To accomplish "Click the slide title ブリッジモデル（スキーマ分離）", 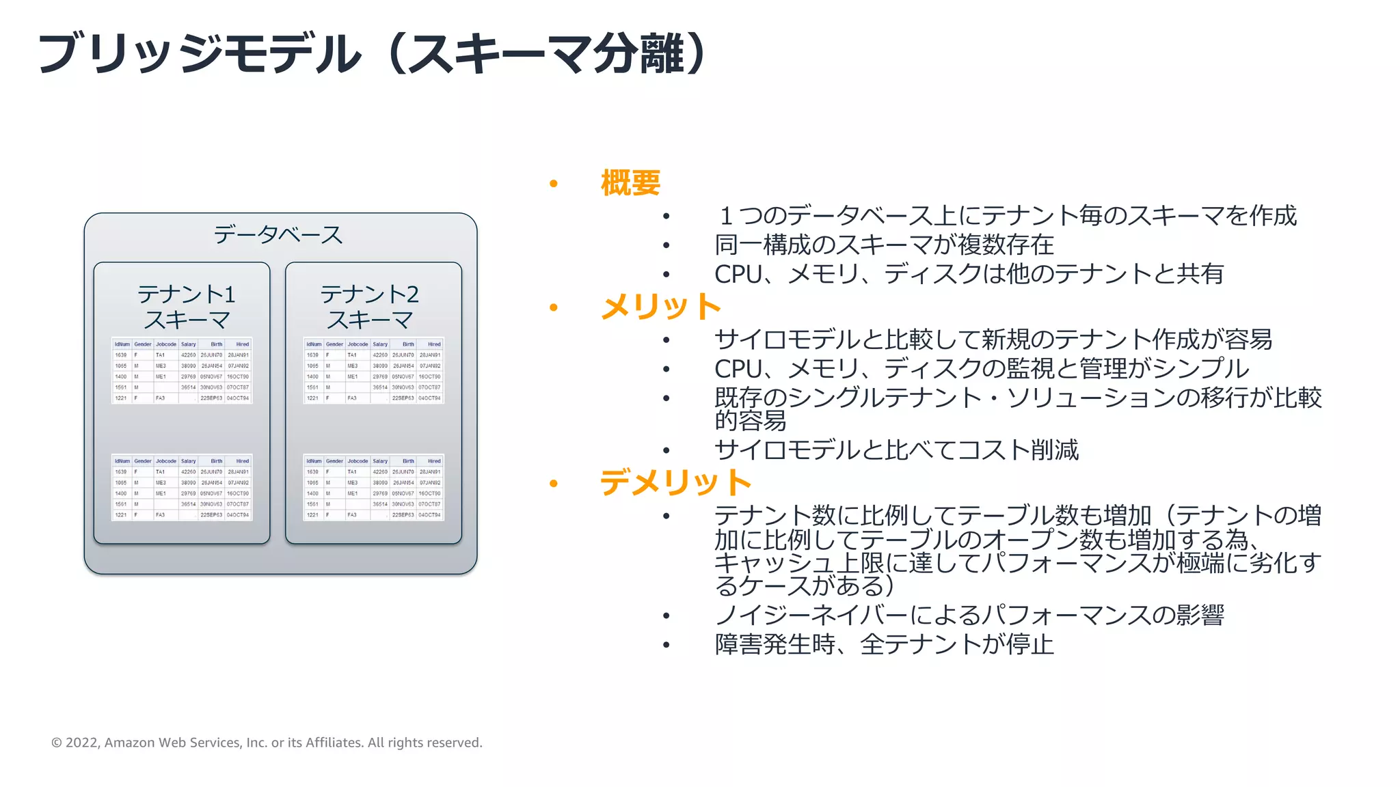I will [373, 53].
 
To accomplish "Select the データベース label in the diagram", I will [278, 234].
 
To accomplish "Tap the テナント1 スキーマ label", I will [186, 307].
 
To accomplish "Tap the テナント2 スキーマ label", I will [369, 307].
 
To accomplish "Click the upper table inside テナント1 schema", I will [182, 370].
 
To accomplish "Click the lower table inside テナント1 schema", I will [182, 487].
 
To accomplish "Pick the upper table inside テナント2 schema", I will [374, 370].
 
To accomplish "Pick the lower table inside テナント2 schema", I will [374, 487].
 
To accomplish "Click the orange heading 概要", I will [630, 183].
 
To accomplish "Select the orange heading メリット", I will [660, 307].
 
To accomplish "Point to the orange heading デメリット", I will [675, 482].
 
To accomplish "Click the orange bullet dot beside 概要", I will [554, 184].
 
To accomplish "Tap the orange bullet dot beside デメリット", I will [554, 484].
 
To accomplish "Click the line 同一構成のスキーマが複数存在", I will [883, 245].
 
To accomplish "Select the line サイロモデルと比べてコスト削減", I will [896, 450].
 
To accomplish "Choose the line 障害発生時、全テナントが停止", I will [883, 644].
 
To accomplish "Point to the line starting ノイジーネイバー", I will [969, 616].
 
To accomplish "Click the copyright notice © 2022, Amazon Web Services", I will [267, 743].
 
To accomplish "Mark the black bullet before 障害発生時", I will [667, 645].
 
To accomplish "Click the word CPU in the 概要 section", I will [738, 275].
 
